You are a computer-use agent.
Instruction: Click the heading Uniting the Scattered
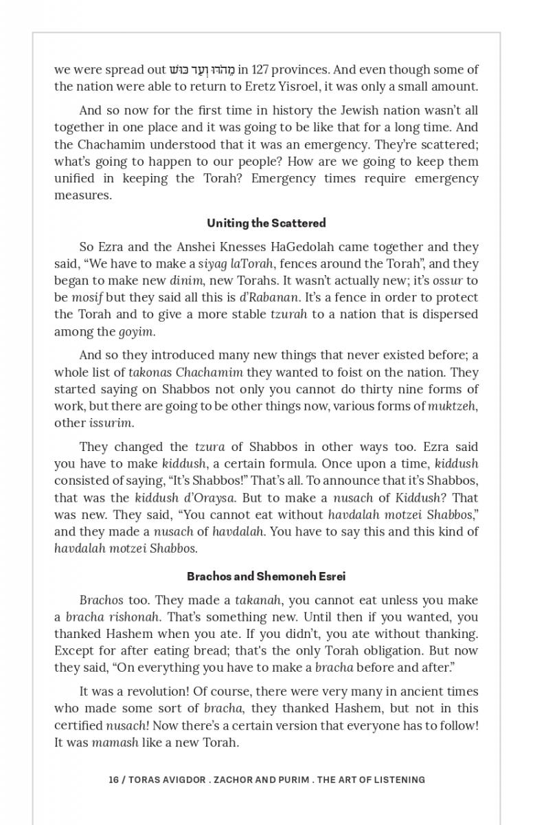click(266, 223)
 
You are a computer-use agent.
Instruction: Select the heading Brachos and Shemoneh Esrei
click(266, 576)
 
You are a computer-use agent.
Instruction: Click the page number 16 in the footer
click(113, 780)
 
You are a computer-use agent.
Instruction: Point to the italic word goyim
click(136, 331)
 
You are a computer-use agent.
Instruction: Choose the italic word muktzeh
click(452, 406)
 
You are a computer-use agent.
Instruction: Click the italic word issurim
click(111, 423)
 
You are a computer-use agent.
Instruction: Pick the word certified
click(78, 725)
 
